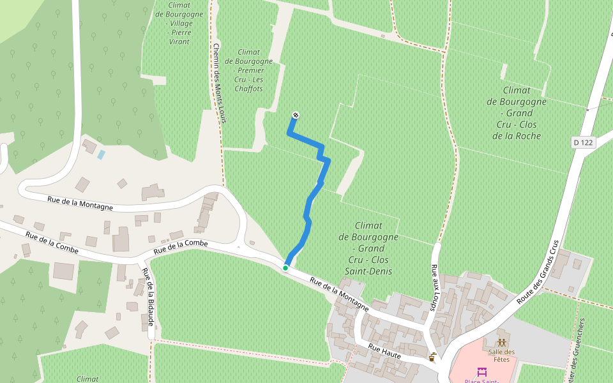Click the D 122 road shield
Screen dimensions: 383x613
[583, 142]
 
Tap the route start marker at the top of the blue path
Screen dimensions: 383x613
[295, 115]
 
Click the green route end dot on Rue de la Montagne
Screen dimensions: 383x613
[285, 268]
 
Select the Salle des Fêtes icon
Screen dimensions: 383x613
[502, 343]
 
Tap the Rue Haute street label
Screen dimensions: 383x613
[384, 350]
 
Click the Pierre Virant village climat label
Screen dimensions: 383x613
[179, 22]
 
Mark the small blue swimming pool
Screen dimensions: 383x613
[102, 154]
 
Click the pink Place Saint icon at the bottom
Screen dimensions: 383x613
[481, 372]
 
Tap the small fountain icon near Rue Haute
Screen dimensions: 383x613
[434, 356]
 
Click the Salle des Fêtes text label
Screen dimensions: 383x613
[501, 356]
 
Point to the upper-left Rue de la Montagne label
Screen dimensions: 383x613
[80, 203]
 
